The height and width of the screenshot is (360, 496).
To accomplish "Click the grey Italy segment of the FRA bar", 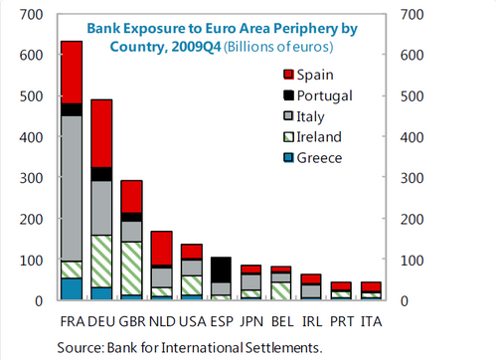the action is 72,188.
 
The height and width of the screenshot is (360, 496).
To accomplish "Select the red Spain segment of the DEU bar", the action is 101,133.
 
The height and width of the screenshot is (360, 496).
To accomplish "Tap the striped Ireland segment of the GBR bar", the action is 132,269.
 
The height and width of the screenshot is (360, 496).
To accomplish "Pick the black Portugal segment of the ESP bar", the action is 221,270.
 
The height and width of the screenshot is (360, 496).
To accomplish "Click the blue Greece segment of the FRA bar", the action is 72,288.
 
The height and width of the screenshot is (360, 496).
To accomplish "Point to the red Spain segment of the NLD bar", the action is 162,248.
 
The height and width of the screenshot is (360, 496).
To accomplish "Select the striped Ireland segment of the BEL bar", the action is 281,290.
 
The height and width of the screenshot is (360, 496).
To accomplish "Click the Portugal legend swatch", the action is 288,95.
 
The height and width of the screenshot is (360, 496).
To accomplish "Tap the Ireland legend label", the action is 319,137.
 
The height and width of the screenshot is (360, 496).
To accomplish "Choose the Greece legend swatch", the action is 288,157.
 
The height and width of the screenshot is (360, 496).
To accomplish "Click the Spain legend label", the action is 315,75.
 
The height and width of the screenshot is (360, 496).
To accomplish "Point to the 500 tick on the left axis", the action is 31,96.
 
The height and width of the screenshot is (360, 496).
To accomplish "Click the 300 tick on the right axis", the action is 412,178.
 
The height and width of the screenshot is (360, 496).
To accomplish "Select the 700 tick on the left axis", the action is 31,15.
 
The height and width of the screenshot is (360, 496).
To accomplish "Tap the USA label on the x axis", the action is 193,321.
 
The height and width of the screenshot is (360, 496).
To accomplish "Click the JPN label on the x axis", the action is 251,321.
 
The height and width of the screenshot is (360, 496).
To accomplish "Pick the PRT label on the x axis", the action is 342,321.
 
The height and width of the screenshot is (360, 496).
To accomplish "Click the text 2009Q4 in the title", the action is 196,47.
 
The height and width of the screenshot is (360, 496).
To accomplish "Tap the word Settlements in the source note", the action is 283,348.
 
